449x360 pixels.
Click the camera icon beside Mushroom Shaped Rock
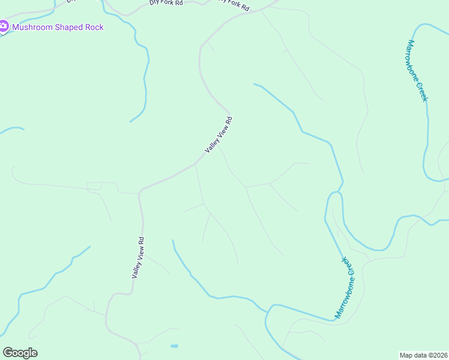4,26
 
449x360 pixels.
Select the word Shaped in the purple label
72,27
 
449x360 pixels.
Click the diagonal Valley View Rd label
218,134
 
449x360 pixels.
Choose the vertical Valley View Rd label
138,257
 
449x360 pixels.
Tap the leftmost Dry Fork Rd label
166,3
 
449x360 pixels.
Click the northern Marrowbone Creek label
417,70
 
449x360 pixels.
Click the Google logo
20,353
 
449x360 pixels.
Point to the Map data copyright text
424,355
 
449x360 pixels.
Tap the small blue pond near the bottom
174,346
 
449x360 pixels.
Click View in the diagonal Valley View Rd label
219,133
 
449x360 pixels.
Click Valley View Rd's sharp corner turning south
140,191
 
